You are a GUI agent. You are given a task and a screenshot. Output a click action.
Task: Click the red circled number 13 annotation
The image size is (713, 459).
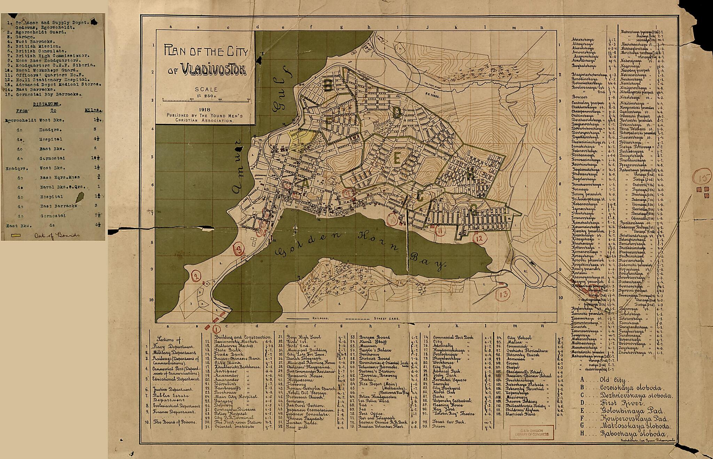pos(503,294)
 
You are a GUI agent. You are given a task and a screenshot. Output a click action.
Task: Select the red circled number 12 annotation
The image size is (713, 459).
pos(479,238)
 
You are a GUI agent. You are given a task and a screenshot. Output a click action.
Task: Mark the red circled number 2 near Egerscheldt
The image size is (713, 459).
pos(196,277)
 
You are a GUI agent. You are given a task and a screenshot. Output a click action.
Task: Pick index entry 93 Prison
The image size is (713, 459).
pos(439,426)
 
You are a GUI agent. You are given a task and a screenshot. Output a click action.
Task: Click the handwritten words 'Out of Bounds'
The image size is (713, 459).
pos(57,235)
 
